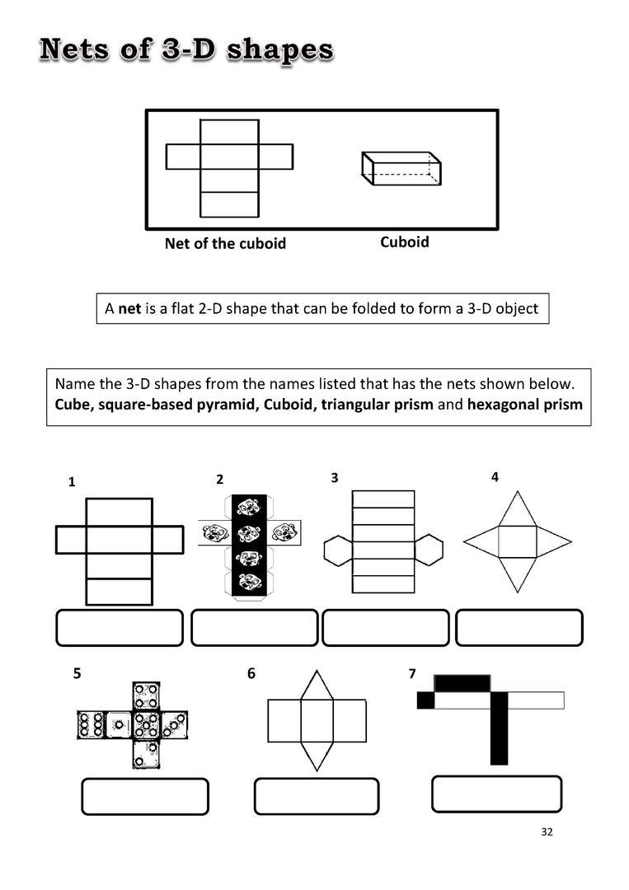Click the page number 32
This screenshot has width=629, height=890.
[x=547, y=831]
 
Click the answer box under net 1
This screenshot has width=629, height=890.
[x=120, y=628]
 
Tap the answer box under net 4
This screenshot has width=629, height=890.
[x=519, y=628]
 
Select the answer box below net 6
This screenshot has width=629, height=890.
[x=316, y=796]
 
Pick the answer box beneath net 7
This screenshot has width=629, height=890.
[x=496, y=794]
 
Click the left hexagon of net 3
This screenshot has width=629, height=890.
[x=338, y=550]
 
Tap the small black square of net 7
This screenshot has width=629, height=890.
[x=425, y=700]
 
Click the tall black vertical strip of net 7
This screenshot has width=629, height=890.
[x=500, y=729]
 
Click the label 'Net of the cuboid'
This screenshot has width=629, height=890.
[x=225, y=244]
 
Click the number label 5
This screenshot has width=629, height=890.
[x=77, y=673]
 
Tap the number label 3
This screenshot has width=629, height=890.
[x=334, y=477]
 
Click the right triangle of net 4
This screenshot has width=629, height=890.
[x=553, y=541]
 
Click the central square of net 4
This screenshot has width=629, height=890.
[x=518, y=541]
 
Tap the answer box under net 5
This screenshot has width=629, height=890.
[x=145, y=796]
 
